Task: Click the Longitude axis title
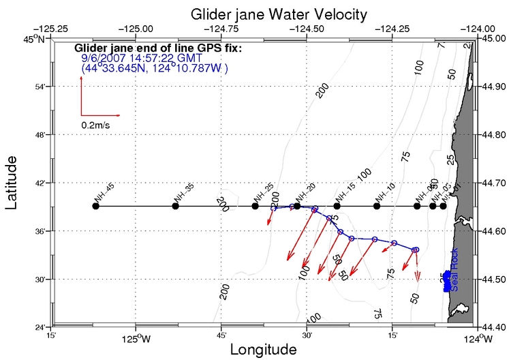pyautogui.click(x=263, y=350)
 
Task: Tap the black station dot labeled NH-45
pyautogui.click(x=95, y=206)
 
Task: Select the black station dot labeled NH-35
pyautogui.click(x=175, y=206)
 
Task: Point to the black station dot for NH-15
pyautogui.click(x=337, y=206)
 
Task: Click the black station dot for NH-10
pyautogui.click(x=376, y=206)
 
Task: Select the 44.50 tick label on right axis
pyautogui.click(x=494, y=280)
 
